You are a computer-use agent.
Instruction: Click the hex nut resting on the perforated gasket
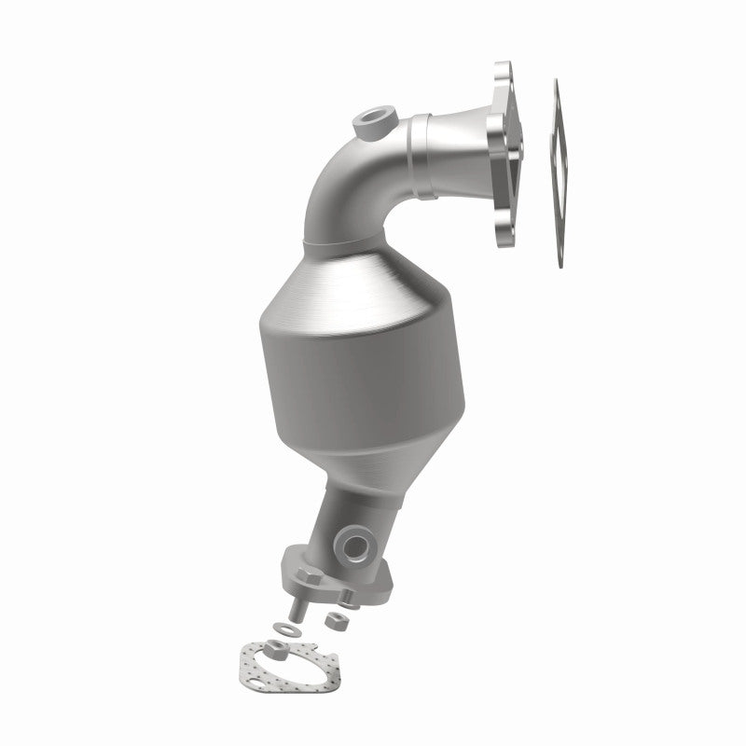[276, 647]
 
